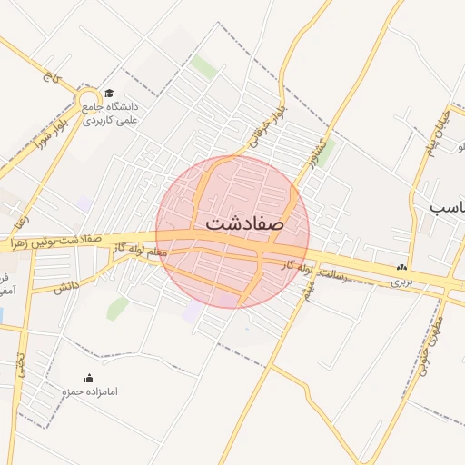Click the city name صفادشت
244,223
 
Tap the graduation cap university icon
109,93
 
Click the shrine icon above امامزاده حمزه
89,379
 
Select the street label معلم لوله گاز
141,250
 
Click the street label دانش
64,288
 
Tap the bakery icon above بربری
401,268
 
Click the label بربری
401,282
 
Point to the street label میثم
308,291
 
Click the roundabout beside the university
89,100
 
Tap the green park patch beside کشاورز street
323,151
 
